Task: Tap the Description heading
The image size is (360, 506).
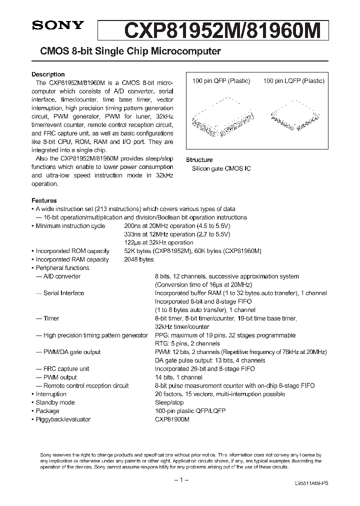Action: tap(48, 74)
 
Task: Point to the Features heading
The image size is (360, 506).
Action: tap(44, 200)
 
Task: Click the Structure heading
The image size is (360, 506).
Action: tap(199, 160)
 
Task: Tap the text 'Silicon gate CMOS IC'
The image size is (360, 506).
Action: tap(221, 168)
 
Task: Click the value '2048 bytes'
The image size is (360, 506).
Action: tap(139, 259)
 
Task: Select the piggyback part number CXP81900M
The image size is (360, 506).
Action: tap(172, 419)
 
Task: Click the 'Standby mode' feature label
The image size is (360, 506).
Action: tap(55, 402)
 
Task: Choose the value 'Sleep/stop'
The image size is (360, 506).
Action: tap(168, 402)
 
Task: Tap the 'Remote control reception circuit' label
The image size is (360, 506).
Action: tap(86, 385)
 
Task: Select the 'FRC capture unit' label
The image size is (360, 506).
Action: tap(66, 368)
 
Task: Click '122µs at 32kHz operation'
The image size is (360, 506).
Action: tap(158, 242)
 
